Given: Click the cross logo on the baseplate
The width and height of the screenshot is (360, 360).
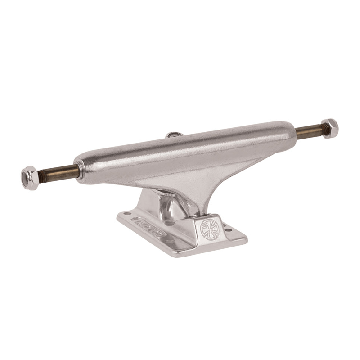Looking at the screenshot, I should tap(208, 229).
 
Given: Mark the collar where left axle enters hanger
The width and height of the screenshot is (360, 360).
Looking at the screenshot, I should tap(78, 168).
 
